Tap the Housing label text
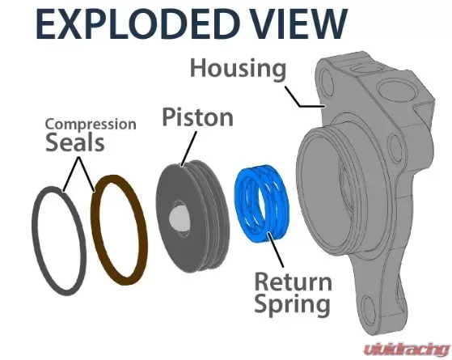tap(239, 70)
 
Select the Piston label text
tap(198, 117)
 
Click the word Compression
tap(91, 125)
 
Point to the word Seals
tap(75, 142)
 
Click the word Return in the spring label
tap(294, 282)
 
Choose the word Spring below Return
tap(292, 305)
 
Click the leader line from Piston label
tap(189, 149)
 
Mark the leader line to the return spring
tap(275, 250)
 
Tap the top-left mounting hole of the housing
tap(327, 83)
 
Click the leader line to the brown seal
tap(86, 175)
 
